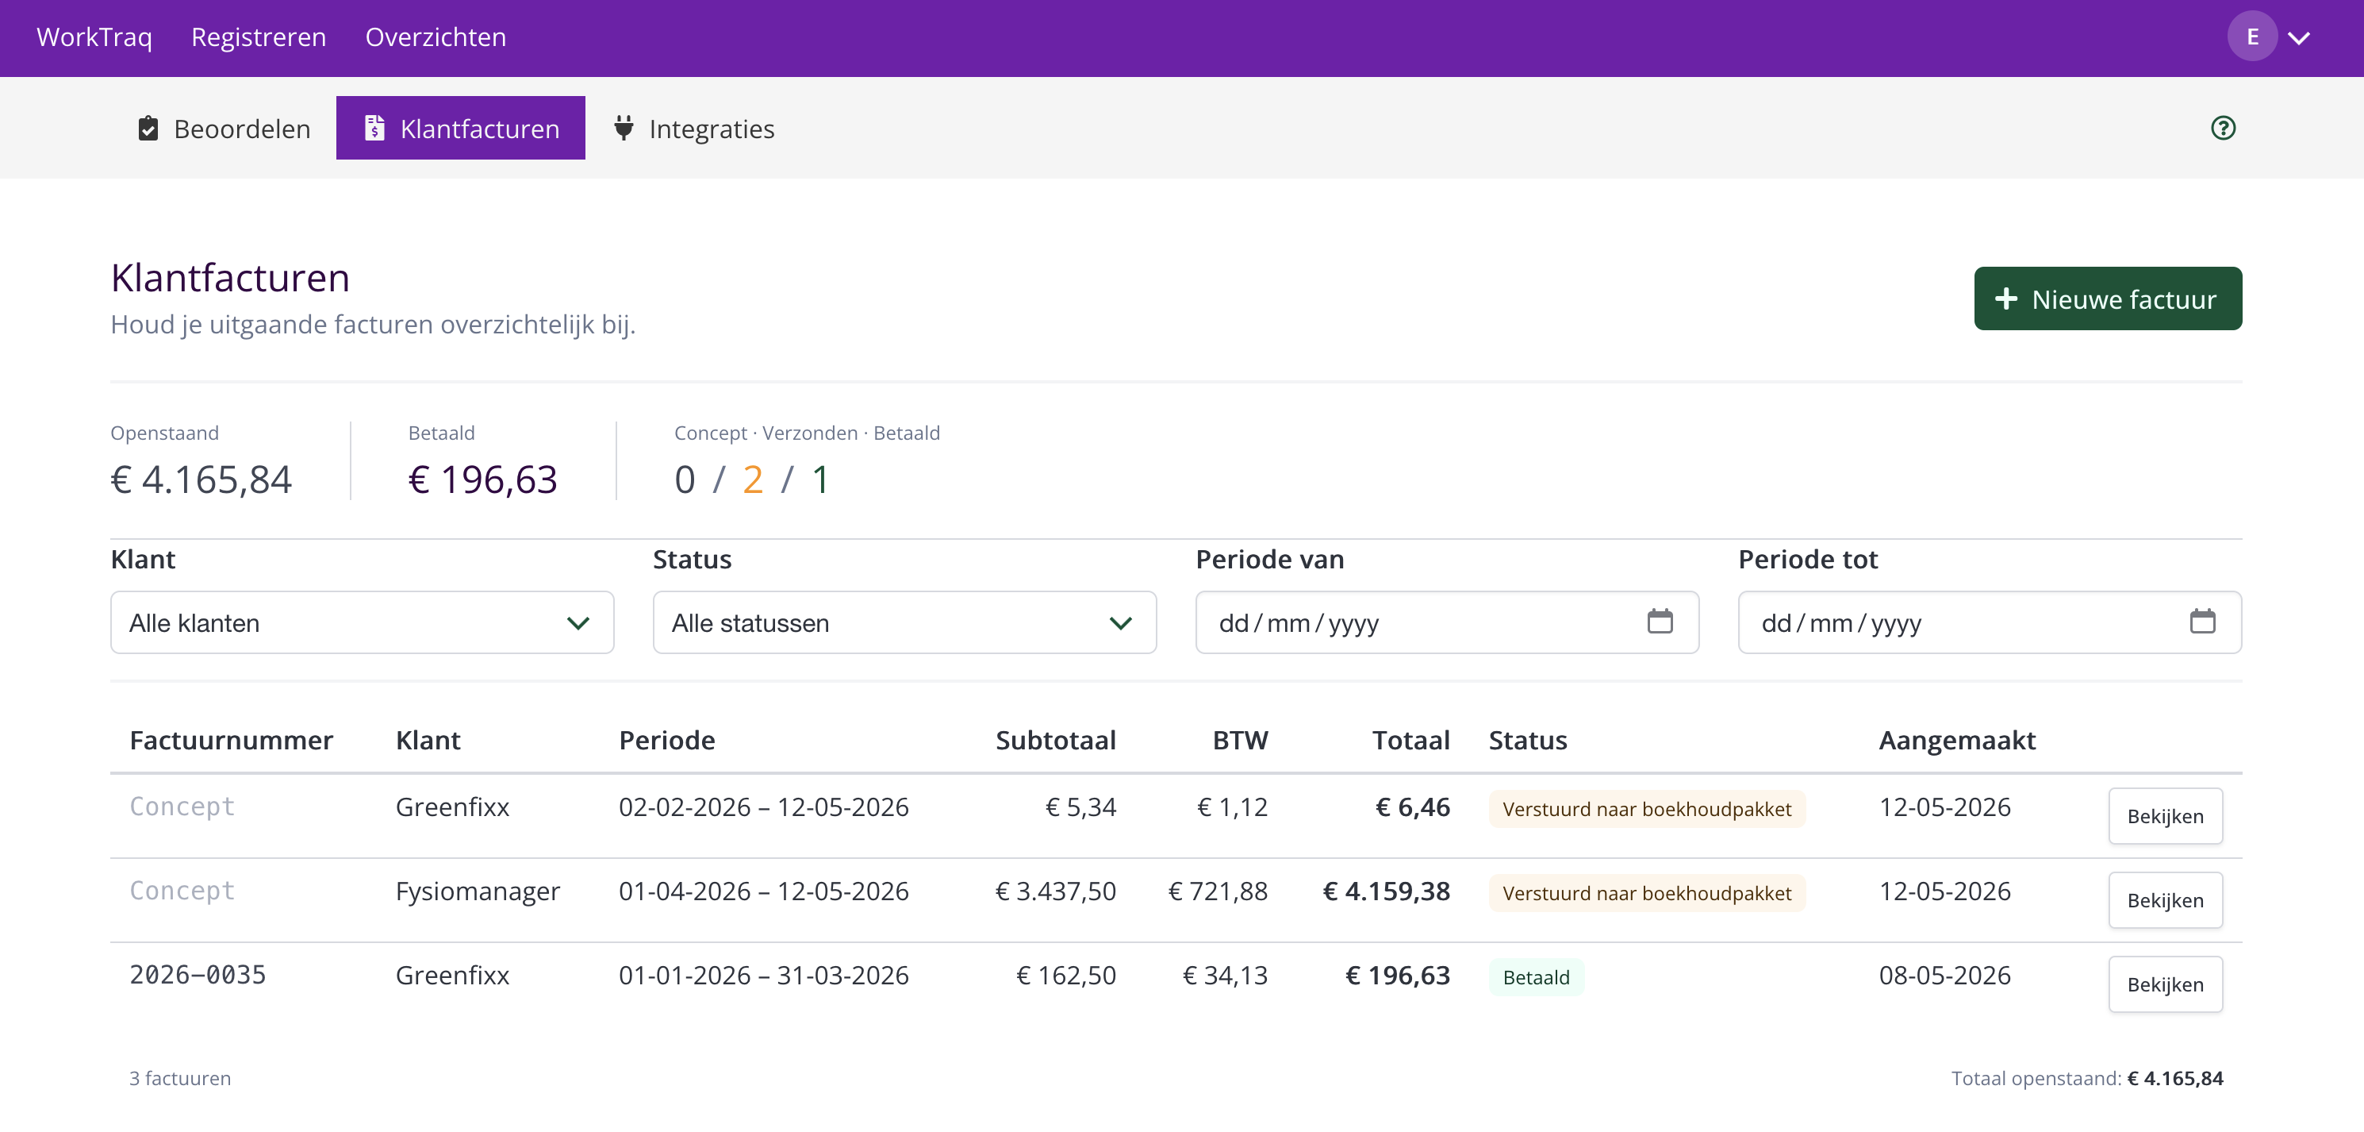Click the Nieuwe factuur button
tap(2107, 298)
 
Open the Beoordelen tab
tap(224, 129)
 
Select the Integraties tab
tap(694, 129)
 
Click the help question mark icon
tap(2223, 128)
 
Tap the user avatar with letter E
tap(2252, 37)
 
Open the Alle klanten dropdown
tap(362, 622)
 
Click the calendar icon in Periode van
tap(1660, 622)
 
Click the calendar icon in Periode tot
tap(2202, 622)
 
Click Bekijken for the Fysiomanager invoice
tap(2165, 899)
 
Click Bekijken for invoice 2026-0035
tap(2165, 984)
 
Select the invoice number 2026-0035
tap(198, 975)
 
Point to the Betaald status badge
tap(1535, 977)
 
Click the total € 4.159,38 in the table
tap(1386, 891)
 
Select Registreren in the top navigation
tap(259, 37)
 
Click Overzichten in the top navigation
tap(436, 37)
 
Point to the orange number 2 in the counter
tap(753, 479)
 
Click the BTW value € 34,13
tap(1225, 975)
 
